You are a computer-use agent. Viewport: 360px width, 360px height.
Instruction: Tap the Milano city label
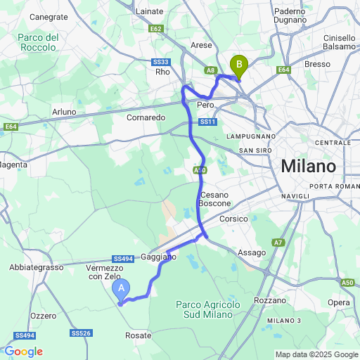309,167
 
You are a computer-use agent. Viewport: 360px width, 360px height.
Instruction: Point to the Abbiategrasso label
37,267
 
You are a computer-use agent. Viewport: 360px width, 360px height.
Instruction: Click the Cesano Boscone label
215,198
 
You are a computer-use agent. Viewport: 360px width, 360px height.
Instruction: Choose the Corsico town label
234,219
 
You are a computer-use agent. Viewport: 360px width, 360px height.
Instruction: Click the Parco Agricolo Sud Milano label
207,309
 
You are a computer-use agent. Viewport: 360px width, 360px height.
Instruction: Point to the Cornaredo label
146,117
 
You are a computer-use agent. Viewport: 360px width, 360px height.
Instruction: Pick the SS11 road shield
207,122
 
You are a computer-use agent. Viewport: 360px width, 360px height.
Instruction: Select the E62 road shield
157,29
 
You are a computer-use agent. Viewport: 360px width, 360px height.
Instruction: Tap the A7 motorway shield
278,243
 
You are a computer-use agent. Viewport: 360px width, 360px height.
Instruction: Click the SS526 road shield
81,333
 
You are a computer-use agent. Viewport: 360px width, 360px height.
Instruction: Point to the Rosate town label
138,335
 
